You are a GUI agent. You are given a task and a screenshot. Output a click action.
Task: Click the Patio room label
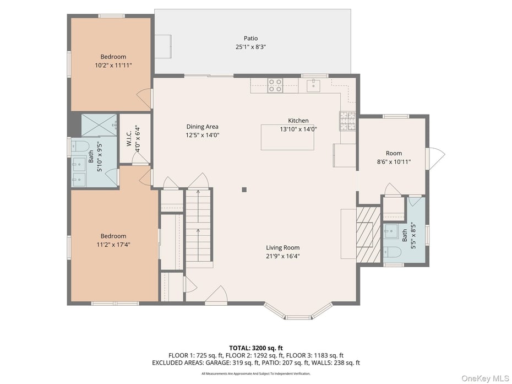click(250, 39)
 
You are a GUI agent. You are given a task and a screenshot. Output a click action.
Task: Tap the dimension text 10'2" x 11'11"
click(113, 65)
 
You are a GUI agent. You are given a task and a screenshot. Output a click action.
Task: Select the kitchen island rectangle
click(287, 137)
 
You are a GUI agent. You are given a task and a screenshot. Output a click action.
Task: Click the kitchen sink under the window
click(313, 85)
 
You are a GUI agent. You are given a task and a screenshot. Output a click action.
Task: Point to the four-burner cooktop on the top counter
click(275, 85)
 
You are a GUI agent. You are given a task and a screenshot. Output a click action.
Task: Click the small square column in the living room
click(244, 190)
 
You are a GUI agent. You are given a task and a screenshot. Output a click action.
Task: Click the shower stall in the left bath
click(99, 125)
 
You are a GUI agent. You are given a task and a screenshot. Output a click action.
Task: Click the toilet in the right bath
click(392, 252)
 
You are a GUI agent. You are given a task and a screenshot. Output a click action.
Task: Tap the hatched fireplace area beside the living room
click(368, 234)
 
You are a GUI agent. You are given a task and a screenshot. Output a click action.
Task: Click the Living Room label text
click(283, 248)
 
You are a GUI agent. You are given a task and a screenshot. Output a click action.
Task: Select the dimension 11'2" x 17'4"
click(113, 245)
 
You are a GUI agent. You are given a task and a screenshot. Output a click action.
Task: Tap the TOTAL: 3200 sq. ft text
click(255, 348)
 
